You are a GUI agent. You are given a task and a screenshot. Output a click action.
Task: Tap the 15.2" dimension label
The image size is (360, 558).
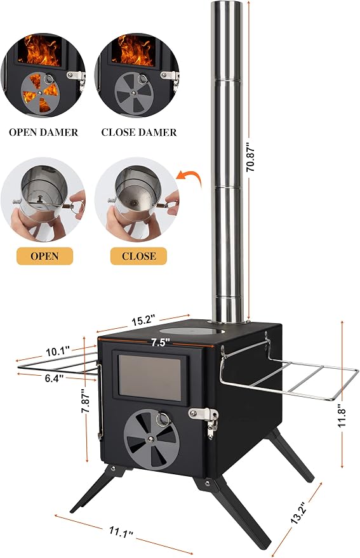tap(143, 321)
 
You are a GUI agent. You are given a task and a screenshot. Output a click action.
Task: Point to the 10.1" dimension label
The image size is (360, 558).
tap(57, 352)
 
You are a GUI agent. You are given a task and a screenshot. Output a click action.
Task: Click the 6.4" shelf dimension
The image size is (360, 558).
tap(54, 378)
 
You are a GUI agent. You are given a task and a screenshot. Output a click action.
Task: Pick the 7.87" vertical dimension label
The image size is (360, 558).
tap(85, 401)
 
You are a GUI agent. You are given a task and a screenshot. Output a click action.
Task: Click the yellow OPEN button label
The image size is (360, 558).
tap(45, 256)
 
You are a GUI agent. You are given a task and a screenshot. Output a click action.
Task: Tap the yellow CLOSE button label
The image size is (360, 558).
tap(139, 256)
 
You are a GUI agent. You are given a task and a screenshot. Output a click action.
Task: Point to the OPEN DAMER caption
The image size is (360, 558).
tap(43, 133)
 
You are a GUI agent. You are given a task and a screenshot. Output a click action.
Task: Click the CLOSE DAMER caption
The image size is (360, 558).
tap(139, 133)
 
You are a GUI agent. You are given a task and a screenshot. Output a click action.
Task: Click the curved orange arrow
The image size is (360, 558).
tap(189, 177)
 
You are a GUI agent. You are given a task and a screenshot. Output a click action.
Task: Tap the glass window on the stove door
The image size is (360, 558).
tap(150, 377)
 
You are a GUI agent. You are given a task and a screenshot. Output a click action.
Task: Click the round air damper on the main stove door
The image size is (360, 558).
tap(151, 438)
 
